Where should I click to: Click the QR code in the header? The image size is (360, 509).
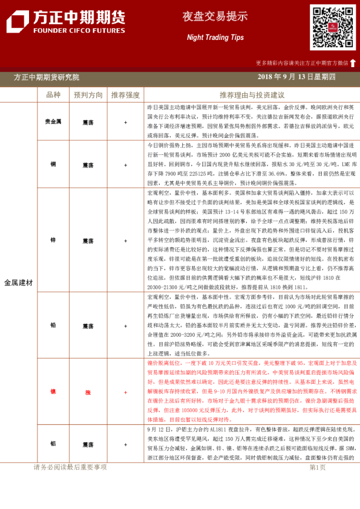pyautogui.click(x=333, y=28)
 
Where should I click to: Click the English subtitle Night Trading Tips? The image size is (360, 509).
pyautogui.click(x=206, y=37)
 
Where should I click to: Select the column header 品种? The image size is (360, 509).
pyautogui.click(x=53, y=95)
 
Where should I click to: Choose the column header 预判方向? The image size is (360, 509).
pyautogui.click(x=88, y=95)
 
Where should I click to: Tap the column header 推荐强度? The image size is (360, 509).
pyautogui.click(x=125, y=95)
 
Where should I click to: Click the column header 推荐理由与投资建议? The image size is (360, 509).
pyautogui.click(x=252, y=95)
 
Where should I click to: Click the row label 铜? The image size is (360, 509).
pyautogui.click(x=53, y=164)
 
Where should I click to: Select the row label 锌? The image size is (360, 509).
pyautogui.click(x=53, y=240)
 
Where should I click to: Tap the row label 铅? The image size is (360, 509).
pyautogui.click(x=53, y=325)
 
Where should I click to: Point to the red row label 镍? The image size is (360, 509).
pyautogui.click(x=53, y=391)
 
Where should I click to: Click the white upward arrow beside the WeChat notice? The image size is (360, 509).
pyautogui.click(x=353, y=62)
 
